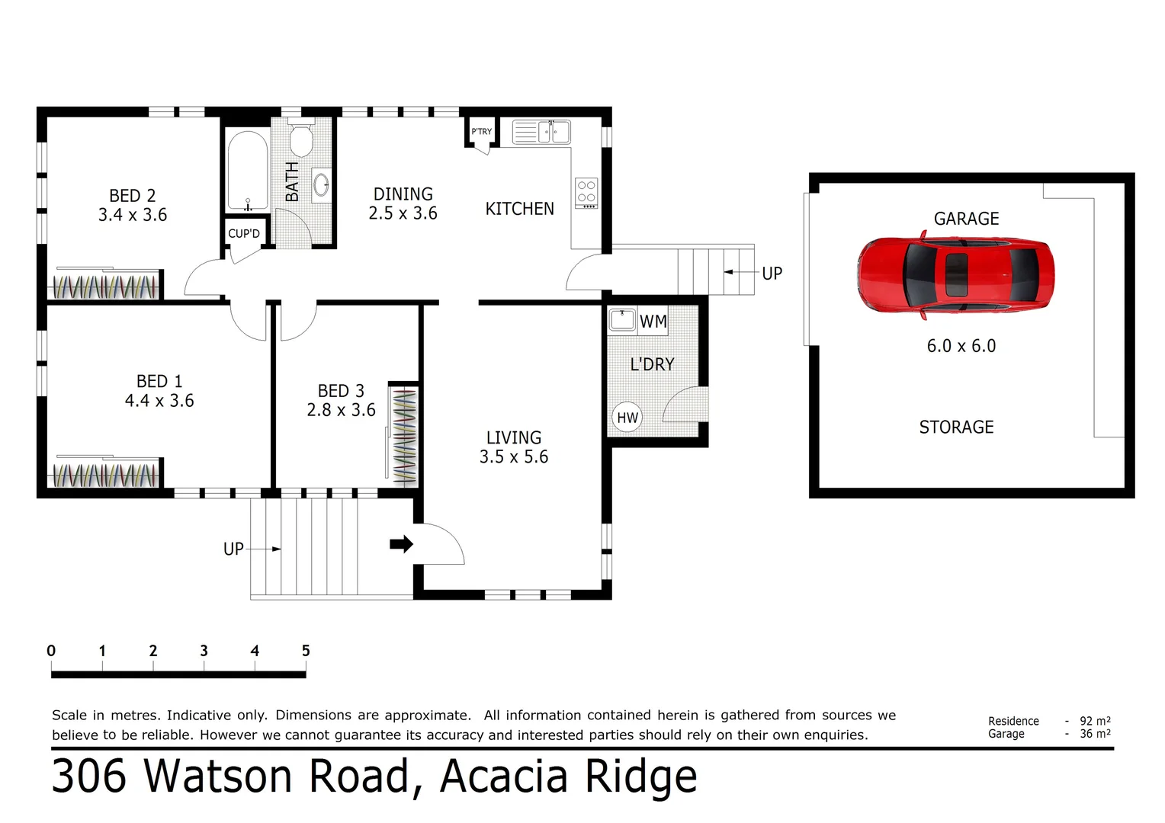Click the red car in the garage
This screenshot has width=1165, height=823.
tap(956, 275)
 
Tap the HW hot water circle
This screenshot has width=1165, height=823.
tap(627, 418)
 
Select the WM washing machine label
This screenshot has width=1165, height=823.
tap(653, 322)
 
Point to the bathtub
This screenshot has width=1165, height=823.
tap(247, 171)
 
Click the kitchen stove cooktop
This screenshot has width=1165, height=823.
tap(586, 193)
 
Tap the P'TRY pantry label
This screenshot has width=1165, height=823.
tap(481, 132)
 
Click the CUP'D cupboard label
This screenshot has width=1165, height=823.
tap(244, 234)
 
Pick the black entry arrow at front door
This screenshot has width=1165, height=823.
tap(401, 544)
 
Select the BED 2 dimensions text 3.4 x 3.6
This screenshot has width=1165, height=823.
tap(133, 216)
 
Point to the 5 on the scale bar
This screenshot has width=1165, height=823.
tap(306, 651)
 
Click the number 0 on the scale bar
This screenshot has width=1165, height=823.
tap(51, 651)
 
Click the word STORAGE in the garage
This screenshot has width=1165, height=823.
tap(956, 428)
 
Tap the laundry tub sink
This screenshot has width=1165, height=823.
tap(622, 319)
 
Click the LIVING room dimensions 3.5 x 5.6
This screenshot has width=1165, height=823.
tap(514, 457)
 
